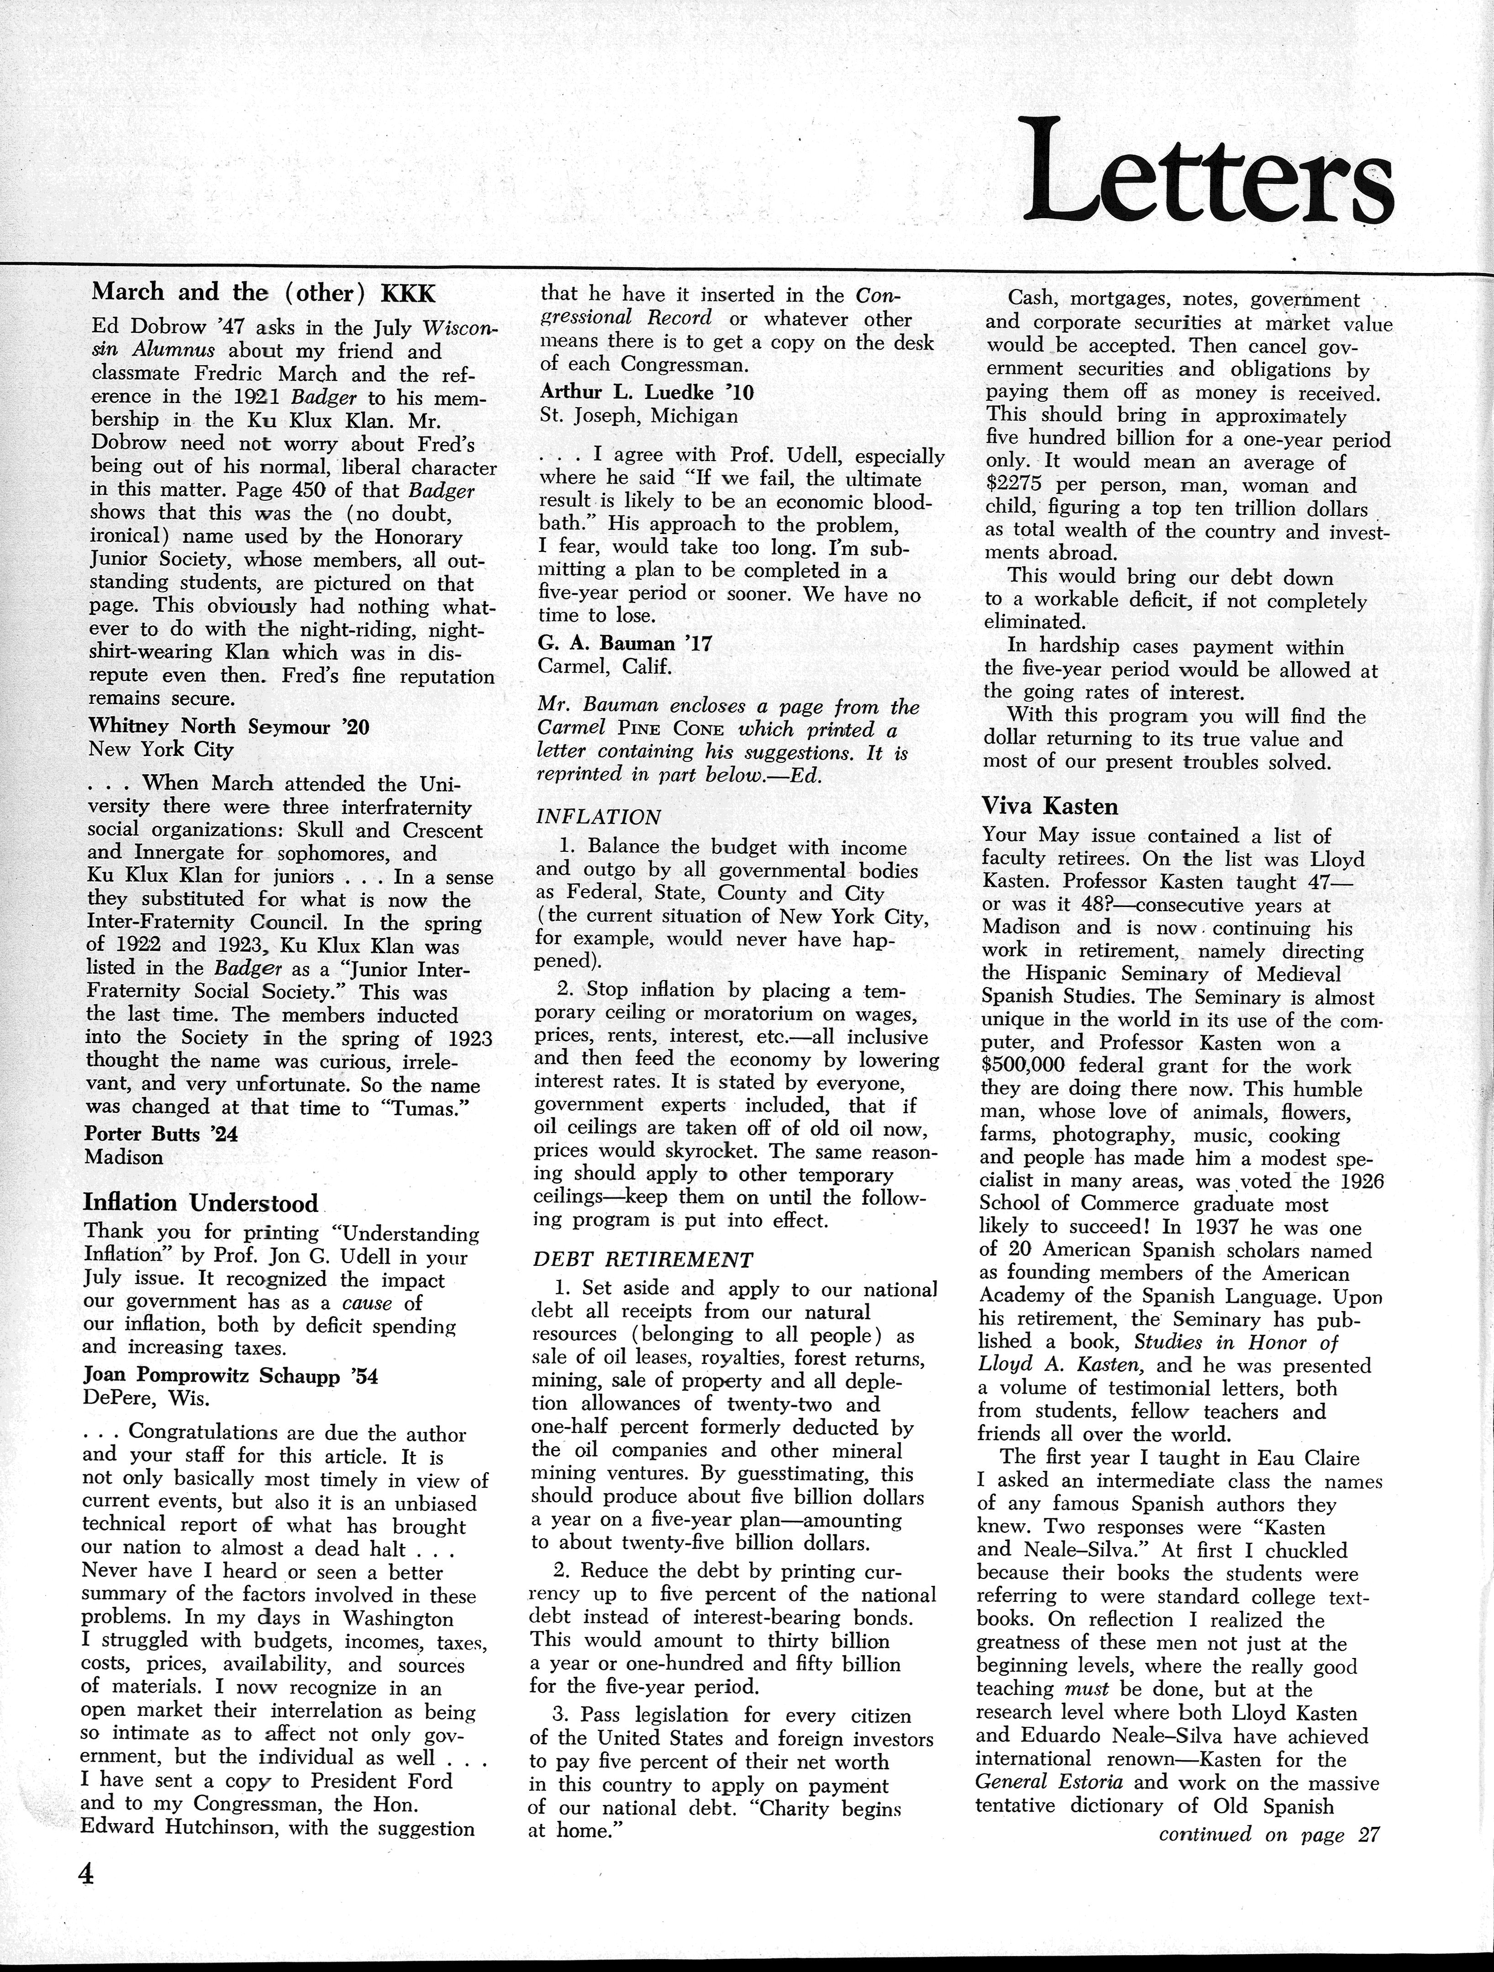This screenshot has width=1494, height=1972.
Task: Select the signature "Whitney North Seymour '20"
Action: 229,727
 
